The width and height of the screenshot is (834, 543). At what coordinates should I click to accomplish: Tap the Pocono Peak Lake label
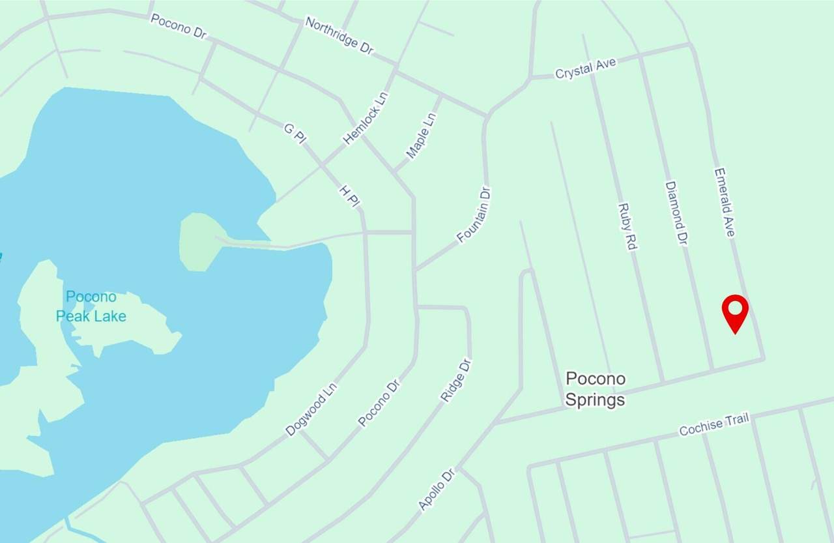pos(91,306)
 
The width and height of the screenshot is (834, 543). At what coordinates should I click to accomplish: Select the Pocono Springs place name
pos(595,389)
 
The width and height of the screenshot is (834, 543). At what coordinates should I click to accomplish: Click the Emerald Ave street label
pos(724,203)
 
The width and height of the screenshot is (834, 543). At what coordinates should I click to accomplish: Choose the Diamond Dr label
pos(676,213)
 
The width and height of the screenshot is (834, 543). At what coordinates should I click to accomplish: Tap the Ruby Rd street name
pos(627,227)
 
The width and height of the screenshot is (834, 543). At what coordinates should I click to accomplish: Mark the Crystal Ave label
pos(585,68)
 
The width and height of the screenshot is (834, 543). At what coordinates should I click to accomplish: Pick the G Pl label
pos(295,133)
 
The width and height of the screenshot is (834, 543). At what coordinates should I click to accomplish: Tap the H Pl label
pos(349,196)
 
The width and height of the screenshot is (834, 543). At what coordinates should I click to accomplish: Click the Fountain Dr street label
pos(474,214)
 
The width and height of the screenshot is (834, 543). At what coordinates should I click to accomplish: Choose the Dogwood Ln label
pos(311,409)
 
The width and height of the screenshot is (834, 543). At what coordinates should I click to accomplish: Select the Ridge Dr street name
pos(456,380)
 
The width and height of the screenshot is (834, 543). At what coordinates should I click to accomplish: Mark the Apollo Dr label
pos(436,488)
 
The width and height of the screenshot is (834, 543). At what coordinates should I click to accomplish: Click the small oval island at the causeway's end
pos(201,242)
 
